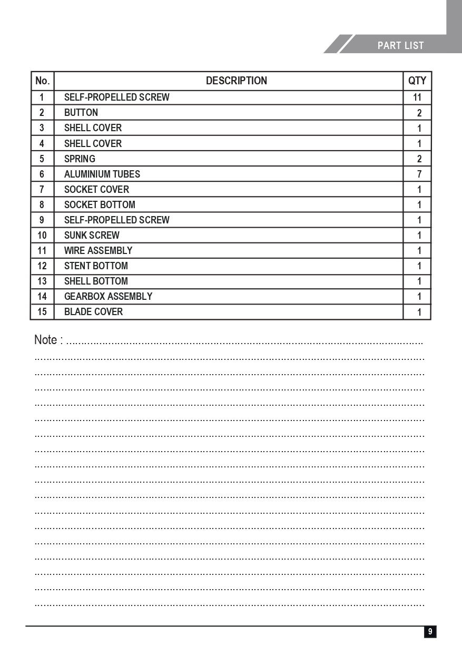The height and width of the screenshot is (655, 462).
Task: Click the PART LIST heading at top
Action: (x=400, y=46)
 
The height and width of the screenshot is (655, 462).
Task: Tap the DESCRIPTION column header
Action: (x=236, y=81)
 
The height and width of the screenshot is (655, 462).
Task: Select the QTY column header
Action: (x=417, y=81)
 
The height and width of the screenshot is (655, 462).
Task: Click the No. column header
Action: (x=42, y=81)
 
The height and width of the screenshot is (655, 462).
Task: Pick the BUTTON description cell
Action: (x=81, y=112)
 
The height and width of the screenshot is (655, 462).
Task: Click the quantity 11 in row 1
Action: (x=417, y=97)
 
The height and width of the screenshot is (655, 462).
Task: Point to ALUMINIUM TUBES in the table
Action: (x=102, y=174)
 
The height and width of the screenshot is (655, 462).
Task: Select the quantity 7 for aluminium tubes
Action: (x=419, y=174)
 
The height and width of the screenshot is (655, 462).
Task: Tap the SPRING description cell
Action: (x=80, y=159)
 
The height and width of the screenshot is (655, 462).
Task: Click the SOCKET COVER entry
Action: (x=96, y=189)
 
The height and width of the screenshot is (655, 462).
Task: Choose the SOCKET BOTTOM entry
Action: (x=100, y=204)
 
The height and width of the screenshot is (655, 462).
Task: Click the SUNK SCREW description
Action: (x=92, y=235)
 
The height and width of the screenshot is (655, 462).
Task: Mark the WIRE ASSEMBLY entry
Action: (x=98, y=250)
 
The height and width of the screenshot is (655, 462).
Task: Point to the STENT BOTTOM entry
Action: (x=96, y=266)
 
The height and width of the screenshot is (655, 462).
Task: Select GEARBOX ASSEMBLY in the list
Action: (x=108, y=296)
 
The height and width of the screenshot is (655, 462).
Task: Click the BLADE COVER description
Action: (x=93, y=311)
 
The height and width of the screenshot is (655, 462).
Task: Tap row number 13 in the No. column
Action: (x=42, y=281)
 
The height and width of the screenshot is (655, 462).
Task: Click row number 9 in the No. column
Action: (x=42, y=220)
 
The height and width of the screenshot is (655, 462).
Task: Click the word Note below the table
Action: (x=45, y=340)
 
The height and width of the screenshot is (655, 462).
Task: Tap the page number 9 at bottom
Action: (x=430, y=631)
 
